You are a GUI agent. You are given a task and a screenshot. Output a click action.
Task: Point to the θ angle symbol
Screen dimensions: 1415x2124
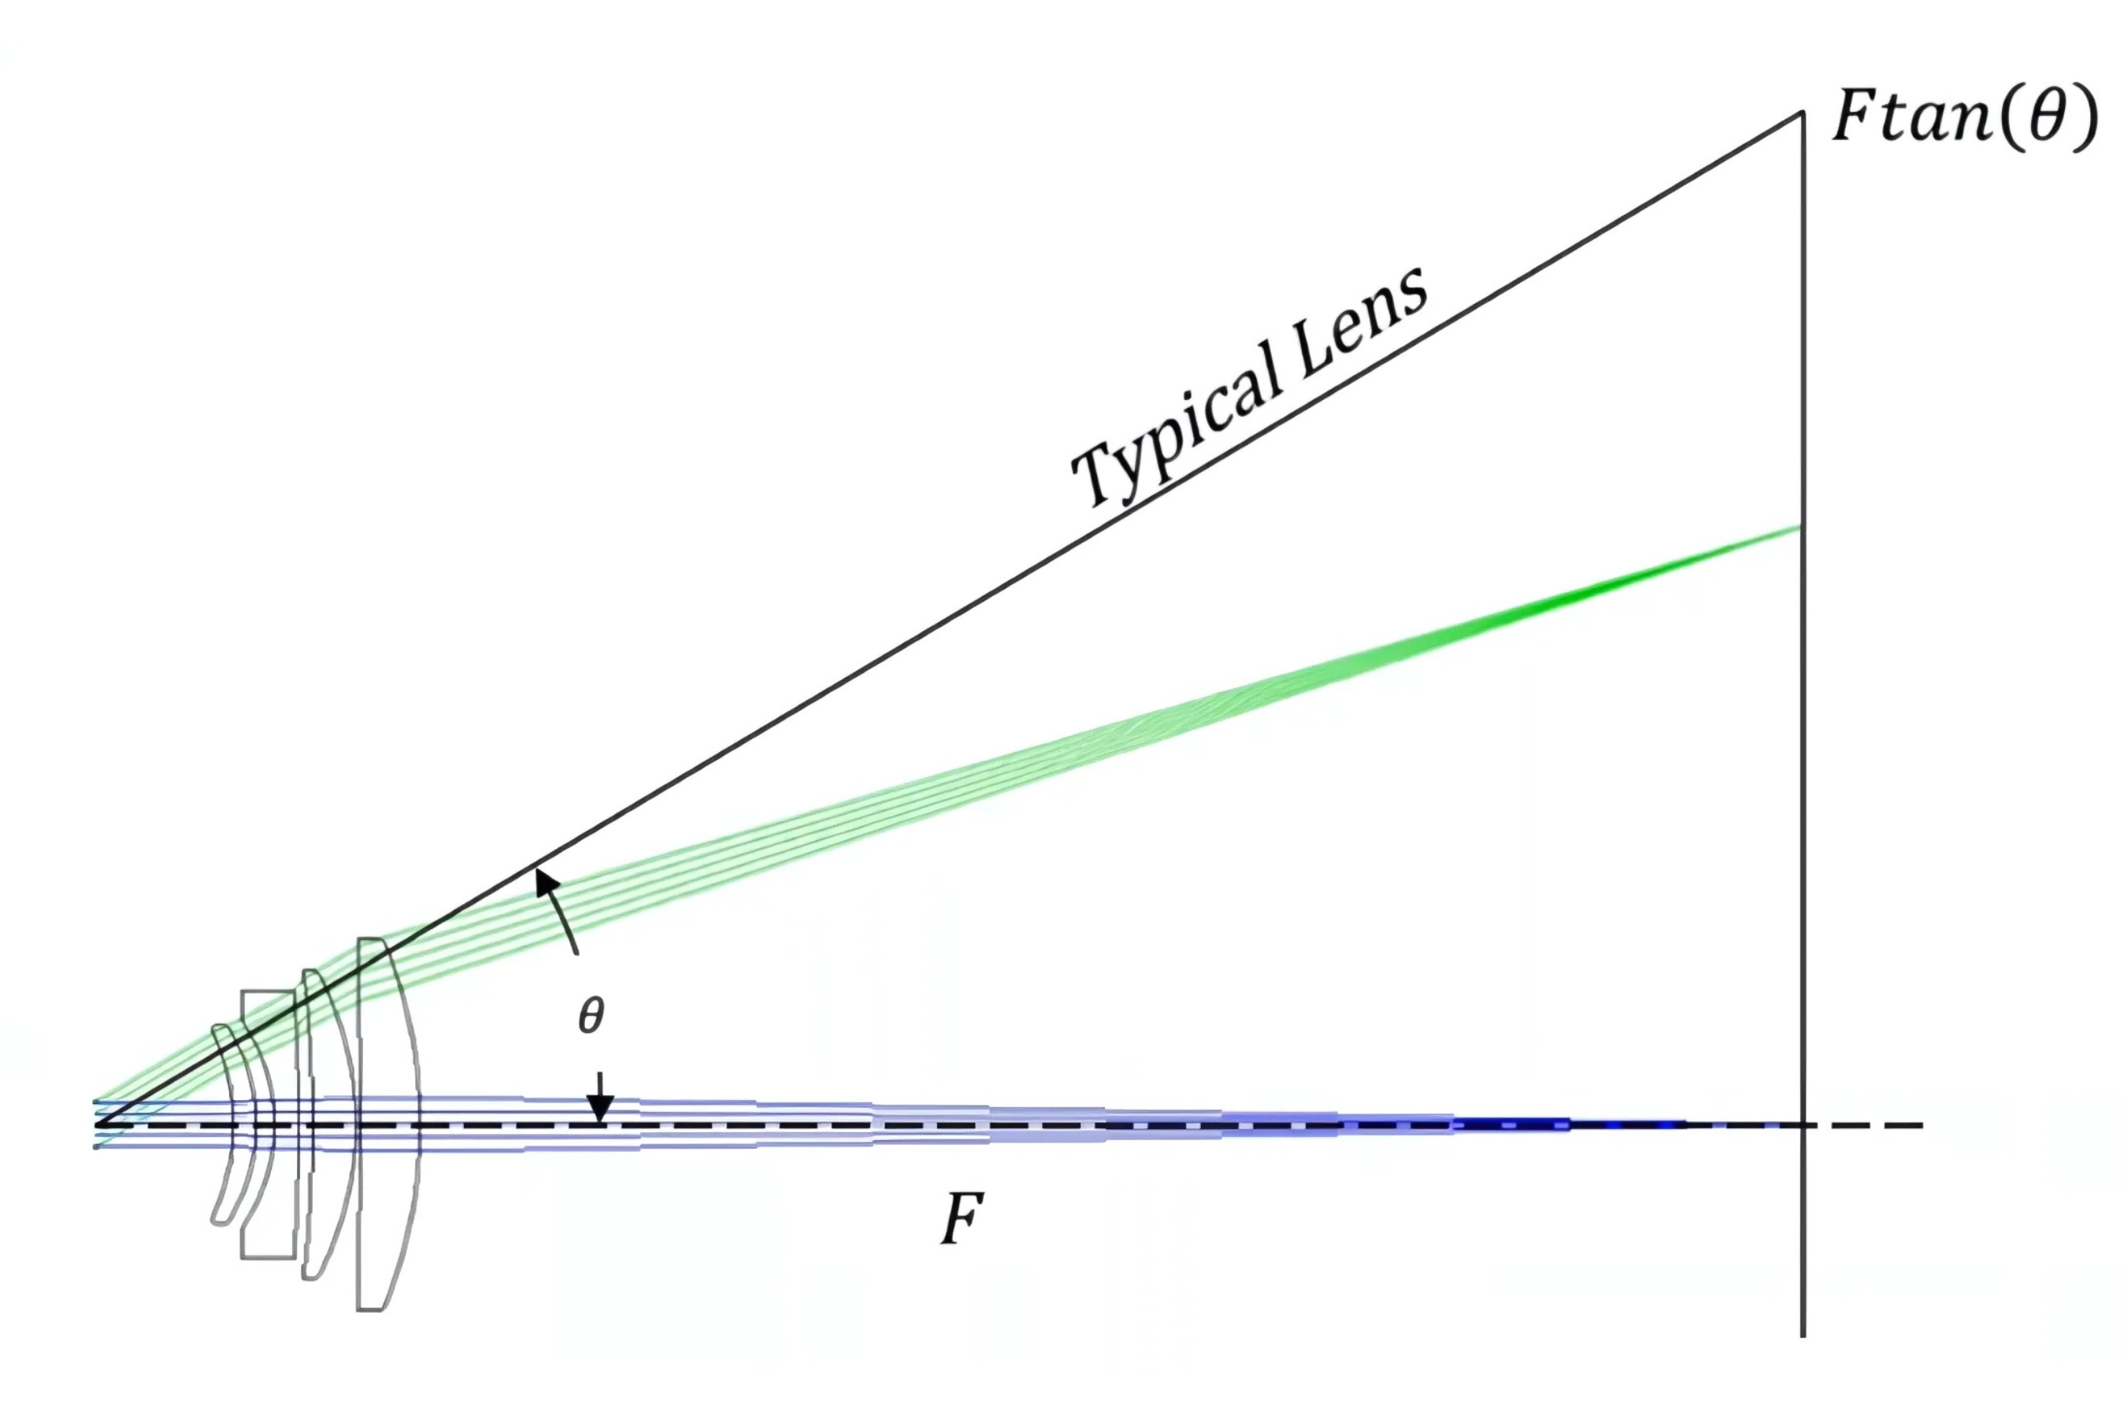pyautogui.click(x=591, y=1016)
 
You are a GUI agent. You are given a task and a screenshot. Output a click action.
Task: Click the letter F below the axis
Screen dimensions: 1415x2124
pyautogui.click(x=962, y=1219)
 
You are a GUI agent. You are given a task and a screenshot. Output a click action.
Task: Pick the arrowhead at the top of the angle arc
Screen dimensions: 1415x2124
pyautogui.click(x=544, y=880)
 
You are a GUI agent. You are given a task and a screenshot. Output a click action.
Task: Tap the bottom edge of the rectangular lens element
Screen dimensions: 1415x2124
pyautogui.click(x=268, y=1255)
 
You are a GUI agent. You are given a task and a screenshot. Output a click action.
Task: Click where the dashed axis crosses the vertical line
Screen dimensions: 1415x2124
pyautogui.click(x=1803, y=1125)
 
